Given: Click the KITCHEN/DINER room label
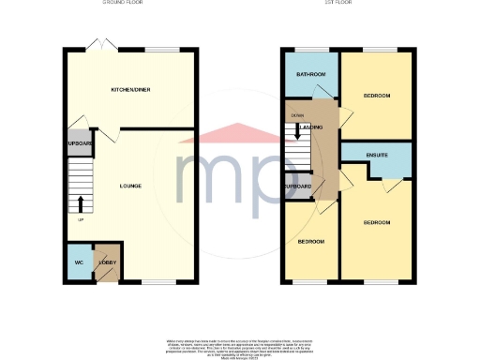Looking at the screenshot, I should point(130,89).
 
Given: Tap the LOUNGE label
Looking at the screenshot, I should point(130,186).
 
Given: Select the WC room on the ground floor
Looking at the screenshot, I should point(79,262).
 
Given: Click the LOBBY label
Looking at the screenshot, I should point(106,262).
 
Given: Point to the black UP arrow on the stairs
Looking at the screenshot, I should point(81,203).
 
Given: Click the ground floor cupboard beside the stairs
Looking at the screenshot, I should point(78,144).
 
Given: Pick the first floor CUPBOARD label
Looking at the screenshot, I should point(298,186).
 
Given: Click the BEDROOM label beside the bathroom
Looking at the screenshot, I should point(377,96).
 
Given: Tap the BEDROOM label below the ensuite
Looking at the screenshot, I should point(377,222).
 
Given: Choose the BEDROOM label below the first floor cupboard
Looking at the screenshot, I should point(310,242).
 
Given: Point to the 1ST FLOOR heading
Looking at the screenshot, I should point(346,3).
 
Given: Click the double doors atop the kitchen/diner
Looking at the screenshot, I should point(99,44).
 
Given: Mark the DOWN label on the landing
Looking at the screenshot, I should point(297,114).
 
